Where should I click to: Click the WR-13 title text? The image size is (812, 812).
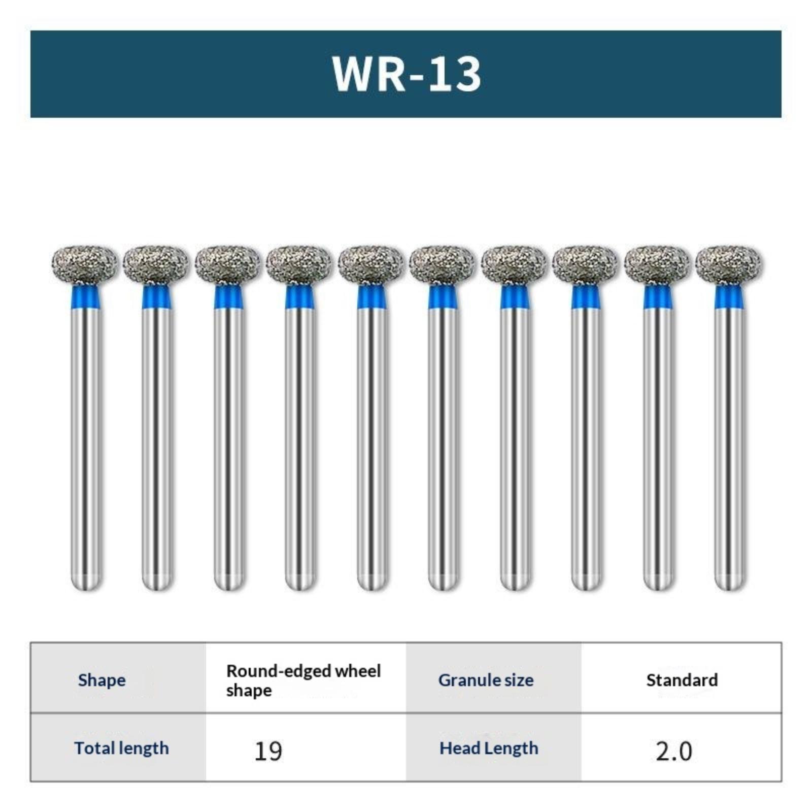pos(407,74)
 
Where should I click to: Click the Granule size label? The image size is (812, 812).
pos(486,680)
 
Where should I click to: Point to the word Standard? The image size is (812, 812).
pos(682,680)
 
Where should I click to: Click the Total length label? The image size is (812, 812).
pos(121,748)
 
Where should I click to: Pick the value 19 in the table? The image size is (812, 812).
pos(268,751)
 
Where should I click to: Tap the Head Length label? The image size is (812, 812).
pos(489,748)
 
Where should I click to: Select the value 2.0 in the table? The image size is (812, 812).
pos(673,751)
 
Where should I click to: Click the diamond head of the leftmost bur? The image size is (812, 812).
pos(85,264)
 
